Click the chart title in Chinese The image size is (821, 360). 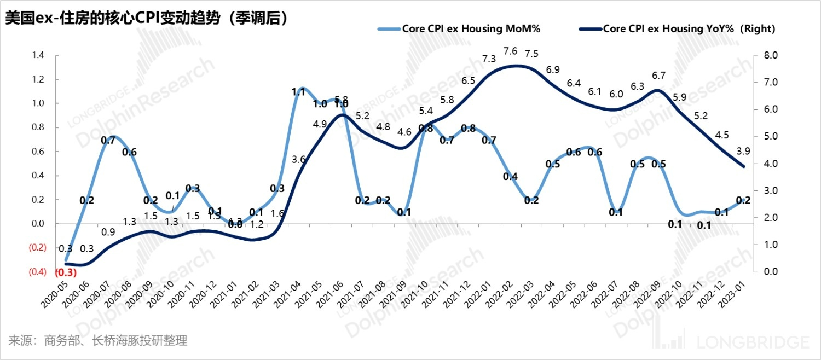click(x=147, y=18)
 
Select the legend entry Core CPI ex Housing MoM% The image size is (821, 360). click(x=471, y=29)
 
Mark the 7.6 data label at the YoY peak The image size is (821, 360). click(x=510, y=51)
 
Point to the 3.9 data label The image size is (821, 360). click(x=743, y=150)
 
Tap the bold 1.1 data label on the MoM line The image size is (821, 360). click(x=298, y=92)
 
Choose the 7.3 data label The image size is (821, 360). click(x=489, y=59)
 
